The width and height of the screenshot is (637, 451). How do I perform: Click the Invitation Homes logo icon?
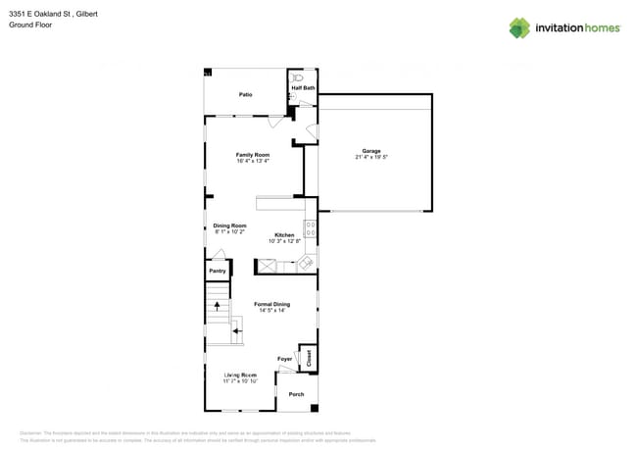tap(519, 27)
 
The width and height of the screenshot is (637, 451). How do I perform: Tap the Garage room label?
tap(371, 151)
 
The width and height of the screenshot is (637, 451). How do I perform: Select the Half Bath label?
tap(303, 88)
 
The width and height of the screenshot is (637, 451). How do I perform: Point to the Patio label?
tap(245, 94)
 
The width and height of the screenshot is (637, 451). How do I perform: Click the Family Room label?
tap(253, 155)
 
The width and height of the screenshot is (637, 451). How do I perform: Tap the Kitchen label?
tap(284, 235)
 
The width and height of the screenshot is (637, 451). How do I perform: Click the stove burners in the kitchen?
tap(310, 228)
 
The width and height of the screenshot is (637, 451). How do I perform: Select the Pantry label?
tap(217, 271)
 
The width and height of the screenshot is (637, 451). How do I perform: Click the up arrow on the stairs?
tap(217, 306)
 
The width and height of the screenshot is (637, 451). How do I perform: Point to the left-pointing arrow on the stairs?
tap(237, 333)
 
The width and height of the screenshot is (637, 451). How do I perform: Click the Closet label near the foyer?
tap(309, 358)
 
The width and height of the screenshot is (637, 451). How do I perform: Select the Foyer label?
tap(285, 359)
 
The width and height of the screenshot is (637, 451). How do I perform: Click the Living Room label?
tap(240, 375)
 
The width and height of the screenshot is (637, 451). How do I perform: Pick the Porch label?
tap(296, 394)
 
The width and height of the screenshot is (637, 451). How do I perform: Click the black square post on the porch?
tap(314, 407)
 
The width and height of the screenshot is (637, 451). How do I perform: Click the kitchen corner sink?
tap(307, 263)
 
